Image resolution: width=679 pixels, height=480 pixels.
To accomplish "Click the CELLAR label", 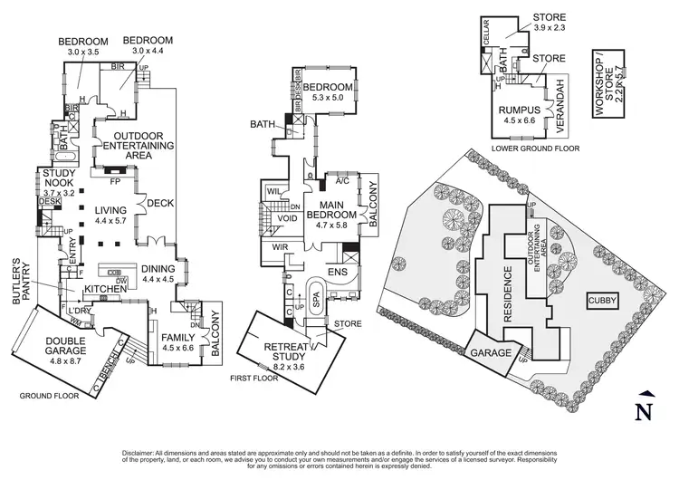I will coord(485,32).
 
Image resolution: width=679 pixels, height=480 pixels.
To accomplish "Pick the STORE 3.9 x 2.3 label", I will coord(551,23).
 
